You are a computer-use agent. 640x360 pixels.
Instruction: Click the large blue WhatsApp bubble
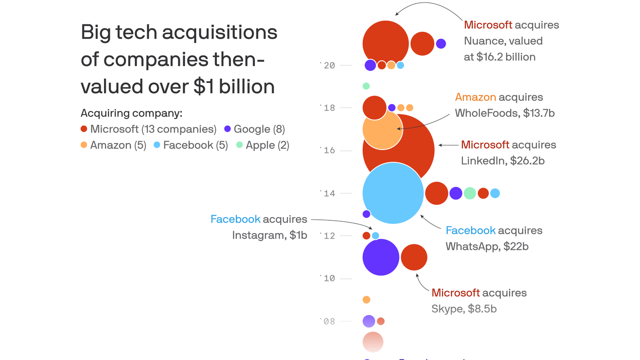pyautogui.click(x=393, y=193)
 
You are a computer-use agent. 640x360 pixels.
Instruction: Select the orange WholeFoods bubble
pyautogui.click(x=382, y=129)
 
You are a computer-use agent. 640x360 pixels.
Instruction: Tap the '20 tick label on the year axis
pyautogui.click(x=327, y=65)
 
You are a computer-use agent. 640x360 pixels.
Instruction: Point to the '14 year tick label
pyautogui.click(x=327, y=193)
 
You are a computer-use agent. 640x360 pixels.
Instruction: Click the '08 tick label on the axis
pyautogui.click(x=327, y=321)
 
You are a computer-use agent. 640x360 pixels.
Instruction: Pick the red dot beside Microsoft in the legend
pyautogui.click(x=84, y=129)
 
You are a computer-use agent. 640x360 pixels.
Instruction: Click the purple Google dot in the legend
pyautogui.click(x=227, y=129)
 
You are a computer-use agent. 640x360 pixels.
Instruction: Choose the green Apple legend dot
pyautogui.click(x=239, y=145)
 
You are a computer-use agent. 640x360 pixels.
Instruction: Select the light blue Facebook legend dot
pyautogui.click(x=157, y=145)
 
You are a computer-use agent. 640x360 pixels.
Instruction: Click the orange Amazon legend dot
pyautogui.click(x=84, y=145)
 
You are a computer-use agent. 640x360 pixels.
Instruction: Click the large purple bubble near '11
pyautogui.click(x=381, y=257)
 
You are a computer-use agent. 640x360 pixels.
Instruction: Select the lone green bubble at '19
pyautogui.click(x=366, y=86)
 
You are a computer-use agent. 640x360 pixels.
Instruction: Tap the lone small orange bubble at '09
pyautogui.click(x=366, y=300)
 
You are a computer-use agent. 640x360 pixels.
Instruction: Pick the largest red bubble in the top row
pyautogui.click(x=386, y=44)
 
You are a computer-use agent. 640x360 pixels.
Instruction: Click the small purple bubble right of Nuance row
pyautogui.click(x=441, y=44)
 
